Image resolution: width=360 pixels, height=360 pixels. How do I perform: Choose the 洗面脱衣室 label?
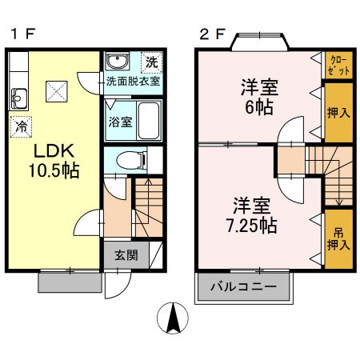pyautogui.click(x=133, y=82)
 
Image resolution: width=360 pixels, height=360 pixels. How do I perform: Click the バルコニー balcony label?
pyautogui.click(x=244, y=286)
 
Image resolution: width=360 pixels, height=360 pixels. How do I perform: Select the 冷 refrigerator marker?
pyautogui.click(x=21, y=126)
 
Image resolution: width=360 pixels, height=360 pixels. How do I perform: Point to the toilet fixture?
pyautogui.click(x=128, y=161)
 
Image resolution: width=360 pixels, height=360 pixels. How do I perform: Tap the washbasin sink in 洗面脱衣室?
pyautogui.click(x=118, y=62)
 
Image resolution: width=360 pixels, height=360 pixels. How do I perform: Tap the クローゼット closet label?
pyautogui.click(x=336, y=66)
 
